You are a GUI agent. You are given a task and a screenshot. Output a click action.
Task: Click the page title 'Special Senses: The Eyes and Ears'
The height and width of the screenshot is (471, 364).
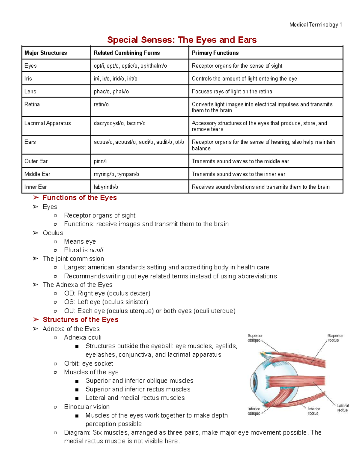point(182,40)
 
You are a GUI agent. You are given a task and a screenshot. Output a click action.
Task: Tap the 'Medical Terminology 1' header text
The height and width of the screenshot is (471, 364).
point(315,25)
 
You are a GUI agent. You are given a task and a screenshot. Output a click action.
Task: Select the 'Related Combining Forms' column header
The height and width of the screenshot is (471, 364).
point(126,53)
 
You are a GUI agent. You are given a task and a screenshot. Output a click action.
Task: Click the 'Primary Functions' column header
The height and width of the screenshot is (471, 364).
point(215,53)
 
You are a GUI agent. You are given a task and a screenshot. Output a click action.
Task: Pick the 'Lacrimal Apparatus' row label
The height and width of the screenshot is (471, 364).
point(48,123)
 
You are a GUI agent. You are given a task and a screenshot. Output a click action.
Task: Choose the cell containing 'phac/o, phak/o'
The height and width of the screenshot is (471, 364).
point(111,91)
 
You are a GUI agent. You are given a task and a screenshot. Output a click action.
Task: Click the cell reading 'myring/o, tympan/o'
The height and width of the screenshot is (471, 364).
point(116,174)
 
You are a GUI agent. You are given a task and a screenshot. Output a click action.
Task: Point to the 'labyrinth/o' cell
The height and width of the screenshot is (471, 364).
point(106,187)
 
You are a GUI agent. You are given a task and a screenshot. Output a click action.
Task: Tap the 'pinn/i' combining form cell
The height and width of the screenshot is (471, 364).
point(100,161)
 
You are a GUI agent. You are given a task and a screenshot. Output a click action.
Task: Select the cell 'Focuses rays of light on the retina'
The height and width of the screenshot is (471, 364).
point(232,91)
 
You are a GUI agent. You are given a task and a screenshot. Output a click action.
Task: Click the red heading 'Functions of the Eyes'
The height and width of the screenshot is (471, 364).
point(79,198)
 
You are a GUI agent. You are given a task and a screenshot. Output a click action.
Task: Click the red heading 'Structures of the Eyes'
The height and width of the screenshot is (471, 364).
point(80,320)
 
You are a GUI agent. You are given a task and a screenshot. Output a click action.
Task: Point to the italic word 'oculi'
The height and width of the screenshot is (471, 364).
point(96,250)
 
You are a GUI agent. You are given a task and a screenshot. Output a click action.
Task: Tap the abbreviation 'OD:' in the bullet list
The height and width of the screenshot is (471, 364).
point(70,294)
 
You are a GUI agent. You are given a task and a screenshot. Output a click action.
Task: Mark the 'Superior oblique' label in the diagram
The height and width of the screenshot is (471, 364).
point(255,338)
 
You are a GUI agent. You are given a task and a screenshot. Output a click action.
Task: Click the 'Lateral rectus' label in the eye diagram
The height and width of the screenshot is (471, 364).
point(343,408)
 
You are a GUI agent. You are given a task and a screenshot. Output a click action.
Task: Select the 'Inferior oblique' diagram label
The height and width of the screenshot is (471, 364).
point(254,411)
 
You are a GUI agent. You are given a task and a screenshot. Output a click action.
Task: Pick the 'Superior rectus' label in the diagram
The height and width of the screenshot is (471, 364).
point(335,338)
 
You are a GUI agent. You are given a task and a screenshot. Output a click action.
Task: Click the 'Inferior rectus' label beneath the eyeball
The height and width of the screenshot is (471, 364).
point(314,411)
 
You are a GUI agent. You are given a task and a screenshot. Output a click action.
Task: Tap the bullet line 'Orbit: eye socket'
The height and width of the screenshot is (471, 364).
point(88,364)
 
